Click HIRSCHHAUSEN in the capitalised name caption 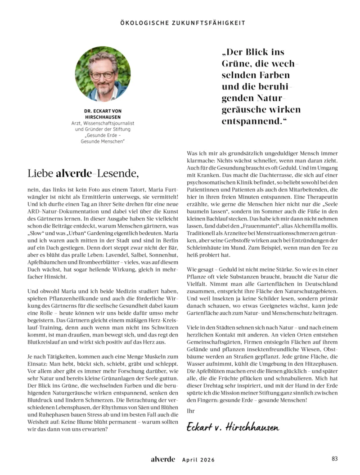[103, 117]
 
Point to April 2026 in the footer [198, 460]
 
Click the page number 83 [334, 459]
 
